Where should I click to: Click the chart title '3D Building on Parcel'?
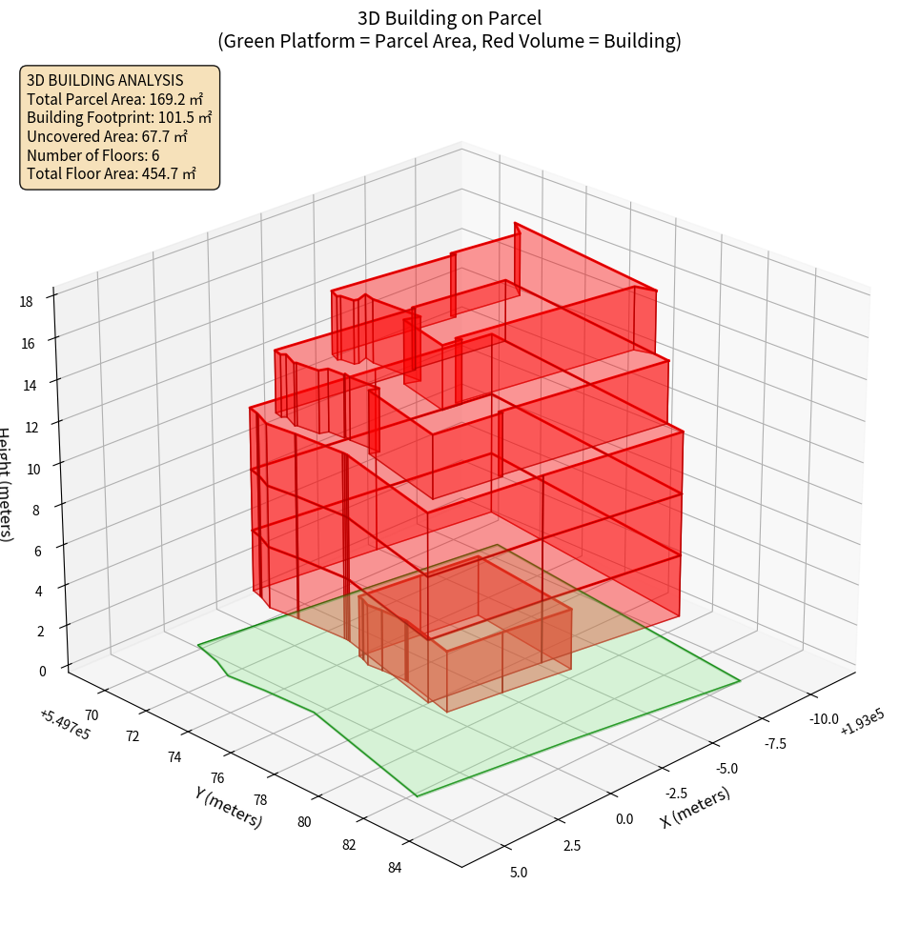click(x=450, y=17)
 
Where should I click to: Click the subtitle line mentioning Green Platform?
click(x=450, y=41)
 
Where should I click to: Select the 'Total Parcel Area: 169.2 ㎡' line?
click(x=115, y=99)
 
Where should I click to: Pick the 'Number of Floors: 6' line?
click(x=93, y=155)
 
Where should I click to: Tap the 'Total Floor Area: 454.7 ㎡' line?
click(x=112, y=173)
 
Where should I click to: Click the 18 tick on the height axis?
click(x=26, y=301)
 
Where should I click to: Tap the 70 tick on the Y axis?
click(x=92, y=714)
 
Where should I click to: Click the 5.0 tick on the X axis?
click(x=519, y=872)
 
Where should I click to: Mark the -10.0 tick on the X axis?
click(x=822, y=718)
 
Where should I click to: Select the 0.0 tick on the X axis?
click(x=624, y=818)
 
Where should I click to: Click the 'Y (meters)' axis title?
click(x=228, y=807)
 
